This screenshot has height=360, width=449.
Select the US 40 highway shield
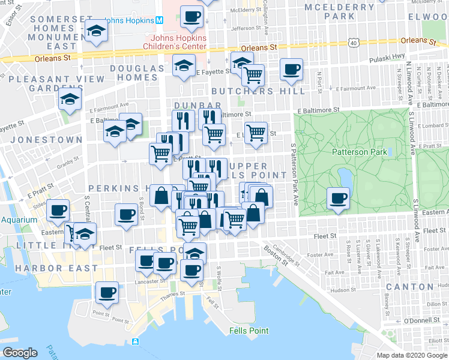point(353,43)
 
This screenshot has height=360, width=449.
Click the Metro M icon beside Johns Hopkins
point(160,20)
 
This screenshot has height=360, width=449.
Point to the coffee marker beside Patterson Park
point(338,198)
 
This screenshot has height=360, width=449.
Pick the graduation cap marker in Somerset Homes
point(95,31)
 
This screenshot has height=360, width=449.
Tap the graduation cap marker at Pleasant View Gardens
point(70,99)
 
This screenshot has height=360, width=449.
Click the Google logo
point(20,352)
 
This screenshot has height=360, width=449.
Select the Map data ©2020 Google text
point(411,355)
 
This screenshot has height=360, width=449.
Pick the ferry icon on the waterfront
point(136,342)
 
